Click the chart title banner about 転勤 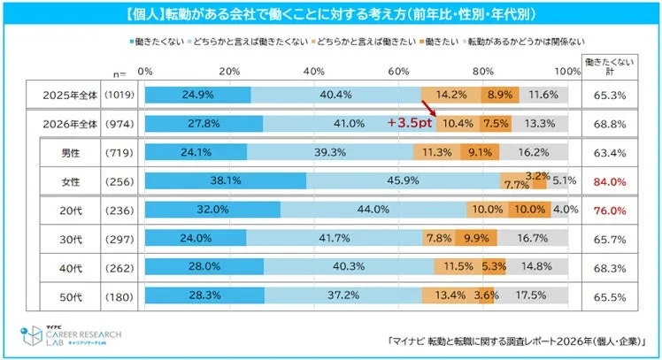tap(331, 15)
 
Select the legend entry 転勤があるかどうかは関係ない tap(515, 42)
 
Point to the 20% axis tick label tap(229, 71)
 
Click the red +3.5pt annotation tap(409, 124)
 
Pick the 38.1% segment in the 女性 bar tap(225, 181)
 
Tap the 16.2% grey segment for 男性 tap(534, 152)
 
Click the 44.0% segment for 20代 tap(373, 211)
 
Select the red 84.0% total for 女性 tap(611, 181)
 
